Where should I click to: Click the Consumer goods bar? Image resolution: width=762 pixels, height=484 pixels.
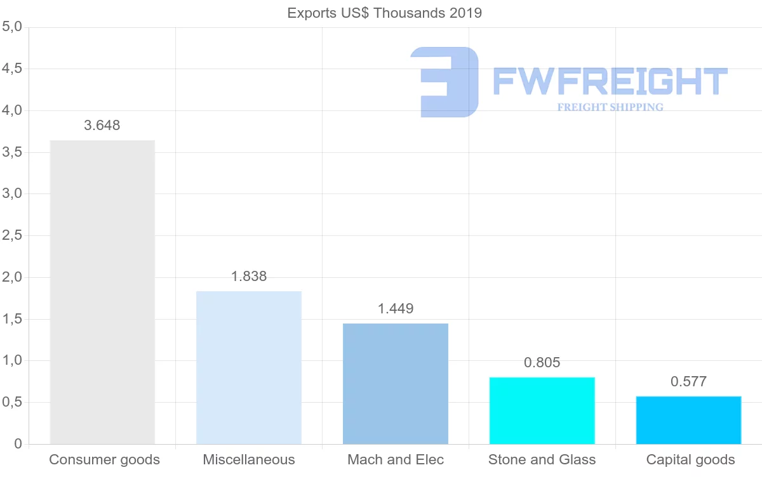pos(102,292)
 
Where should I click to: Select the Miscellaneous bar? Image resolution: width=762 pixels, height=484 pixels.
pos(249,367)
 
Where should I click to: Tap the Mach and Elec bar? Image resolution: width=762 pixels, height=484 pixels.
pos(396,384)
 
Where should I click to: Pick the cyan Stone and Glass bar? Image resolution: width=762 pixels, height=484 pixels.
pos(542,410)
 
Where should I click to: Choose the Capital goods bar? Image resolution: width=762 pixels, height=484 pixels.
pos(688,420)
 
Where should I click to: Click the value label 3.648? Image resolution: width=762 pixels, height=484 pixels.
pos(102,126)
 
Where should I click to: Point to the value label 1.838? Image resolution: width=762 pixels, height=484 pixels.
pos(249,277)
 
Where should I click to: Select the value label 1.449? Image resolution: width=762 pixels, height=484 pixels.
pos(396,309)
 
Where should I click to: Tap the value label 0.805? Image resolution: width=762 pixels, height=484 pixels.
pos(542,363)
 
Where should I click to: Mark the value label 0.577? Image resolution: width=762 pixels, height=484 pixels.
pos(688,382)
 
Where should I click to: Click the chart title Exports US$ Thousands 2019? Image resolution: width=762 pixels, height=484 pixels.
pos(385,13)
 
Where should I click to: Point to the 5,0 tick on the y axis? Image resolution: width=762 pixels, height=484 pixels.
pos(12,27)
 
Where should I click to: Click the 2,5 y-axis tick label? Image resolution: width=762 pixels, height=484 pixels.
pos(12,236)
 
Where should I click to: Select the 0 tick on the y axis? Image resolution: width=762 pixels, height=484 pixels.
pos(18,444)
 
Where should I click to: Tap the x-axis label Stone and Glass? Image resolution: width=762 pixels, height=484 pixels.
pos(542,460)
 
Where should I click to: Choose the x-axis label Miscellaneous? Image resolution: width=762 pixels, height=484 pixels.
pos(249,460)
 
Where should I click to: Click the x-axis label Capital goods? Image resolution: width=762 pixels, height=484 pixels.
pos(690,460)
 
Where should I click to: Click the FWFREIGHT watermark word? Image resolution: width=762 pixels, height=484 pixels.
pos(610,82)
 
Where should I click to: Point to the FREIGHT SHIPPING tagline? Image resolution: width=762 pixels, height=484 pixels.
pos(610,107)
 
